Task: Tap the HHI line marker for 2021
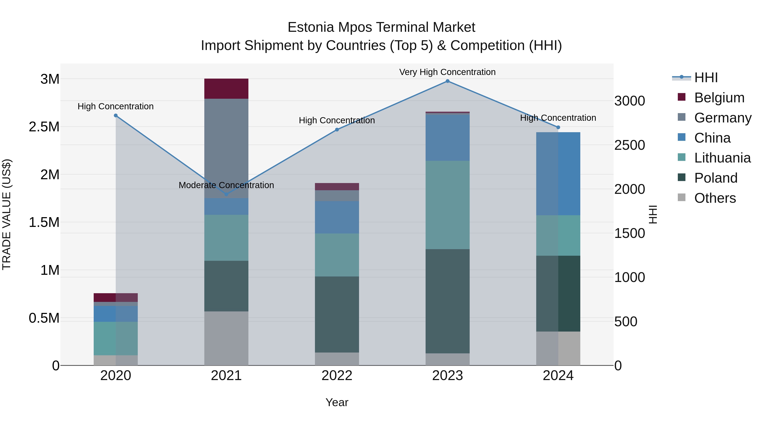(x=226, y=194)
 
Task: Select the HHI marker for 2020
(x=116, y=115)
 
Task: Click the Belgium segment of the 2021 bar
(x=226, y=89)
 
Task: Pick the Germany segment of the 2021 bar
(x=226, y=148)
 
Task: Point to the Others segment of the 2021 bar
(x=226, y=338)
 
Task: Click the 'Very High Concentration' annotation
(x=447, y=72)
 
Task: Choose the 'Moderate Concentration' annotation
(x=226, y=185)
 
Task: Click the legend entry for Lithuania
(x=722, y=158)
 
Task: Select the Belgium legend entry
(x=719, y=98)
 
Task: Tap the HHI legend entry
(x=706, y=78)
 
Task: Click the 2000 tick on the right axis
(x=629, y=189)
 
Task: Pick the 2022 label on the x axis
(x=337, y=375)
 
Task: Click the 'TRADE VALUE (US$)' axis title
(x=7, y=214)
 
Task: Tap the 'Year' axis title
(x=337, y=402)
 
